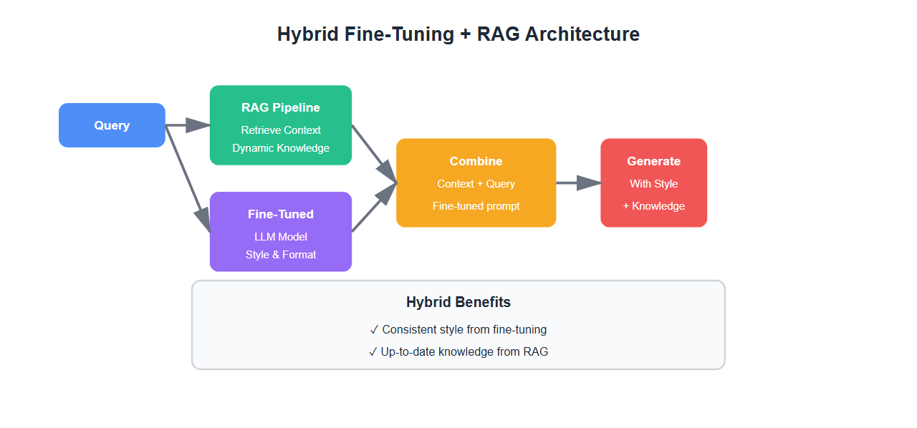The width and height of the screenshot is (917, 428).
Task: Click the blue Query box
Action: point(112,125)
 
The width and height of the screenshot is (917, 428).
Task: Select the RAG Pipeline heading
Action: point(281,107)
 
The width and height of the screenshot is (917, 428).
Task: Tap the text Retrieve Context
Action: point(281,130)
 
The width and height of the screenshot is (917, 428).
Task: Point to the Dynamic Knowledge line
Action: point(281,148)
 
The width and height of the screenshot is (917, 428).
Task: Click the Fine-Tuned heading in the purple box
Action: point(281,214)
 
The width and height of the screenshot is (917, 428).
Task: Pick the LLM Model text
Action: point(281,236)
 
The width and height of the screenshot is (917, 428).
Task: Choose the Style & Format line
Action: point(281,254)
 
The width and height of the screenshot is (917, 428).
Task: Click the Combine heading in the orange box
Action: point(476,161)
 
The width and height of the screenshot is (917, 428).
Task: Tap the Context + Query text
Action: point(476,184)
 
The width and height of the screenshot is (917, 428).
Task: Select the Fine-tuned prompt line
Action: point(476,206)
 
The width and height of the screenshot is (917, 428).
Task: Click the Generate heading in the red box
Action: point(653,161)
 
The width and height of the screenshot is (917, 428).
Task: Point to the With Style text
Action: point(653,184)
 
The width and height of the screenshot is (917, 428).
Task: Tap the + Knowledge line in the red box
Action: point(653,206)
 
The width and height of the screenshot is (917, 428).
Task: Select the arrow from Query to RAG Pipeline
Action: point(188,125)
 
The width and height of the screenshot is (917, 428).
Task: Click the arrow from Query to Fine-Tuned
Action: point(188,178)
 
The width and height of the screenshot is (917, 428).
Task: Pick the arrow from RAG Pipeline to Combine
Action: point(373,154)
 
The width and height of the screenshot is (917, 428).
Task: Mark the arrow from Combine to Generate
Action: point(578,183)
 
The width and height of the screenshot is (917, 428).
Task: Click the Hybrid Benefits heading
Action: point(458,302)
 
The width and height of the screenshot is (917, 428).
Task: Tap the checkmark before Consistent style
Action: point(374,330)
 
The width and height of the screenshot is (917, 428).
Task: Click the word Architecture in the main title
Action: point(582,34)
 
